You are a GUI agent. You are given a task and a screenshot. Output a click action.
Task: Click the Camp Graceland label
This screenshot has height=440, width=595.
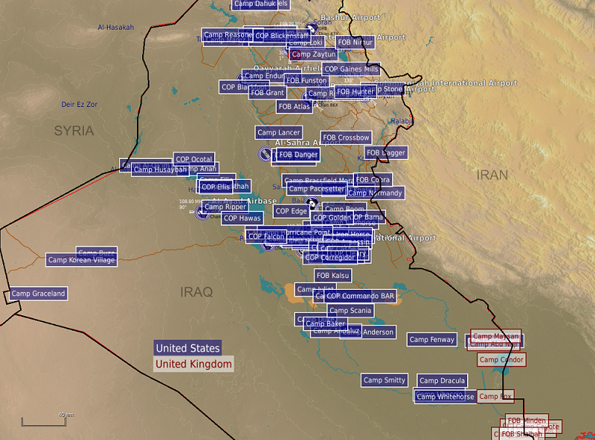[39, 294]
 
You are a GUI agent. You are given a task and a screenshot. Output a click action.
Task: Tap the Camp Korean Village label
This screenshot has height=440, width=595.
[81, 260]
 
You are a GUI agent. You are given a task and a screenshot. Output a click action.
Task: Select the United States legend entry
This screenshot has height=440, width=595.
[187, 348]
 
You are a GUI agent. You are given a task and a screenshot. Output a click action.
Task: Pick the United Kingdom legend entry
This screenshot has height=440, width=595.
[193, 364]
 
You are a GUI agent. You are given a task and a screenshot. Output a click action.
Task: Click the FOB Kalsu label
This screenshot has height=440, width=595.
[332, 276]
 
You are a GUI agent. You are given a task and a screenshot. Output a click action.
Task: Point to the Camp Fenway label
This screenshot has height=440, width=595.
[432, 340]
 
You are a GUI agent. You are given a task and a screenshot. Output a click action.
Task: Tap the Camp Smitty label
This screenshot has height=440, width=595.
[385, 380]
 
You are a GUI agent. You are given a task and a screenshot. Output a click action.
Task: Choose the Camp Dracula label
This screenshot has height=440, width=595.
[442, 381]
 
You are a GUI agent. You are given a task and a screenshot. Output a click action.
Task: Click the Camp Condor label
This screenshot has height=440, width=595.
[501, 360]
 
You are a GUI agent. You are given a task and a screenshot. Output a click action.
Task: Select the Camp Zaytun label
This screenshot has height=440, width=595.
[313, 54]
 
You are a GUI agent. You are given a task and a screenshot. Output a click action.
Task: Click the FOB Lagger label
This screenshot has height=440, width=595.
[386, 152]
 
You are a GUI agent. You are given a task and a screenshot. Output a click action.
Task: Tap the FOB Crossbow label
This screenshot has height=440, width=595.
[346, 137]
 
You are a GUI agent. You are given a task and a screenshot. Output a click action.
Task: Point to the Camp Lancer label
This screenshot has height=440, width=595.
[279, 132]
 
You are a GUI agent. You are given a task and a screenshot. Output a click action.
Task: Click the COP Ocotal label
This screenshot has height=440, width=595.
[194, 159]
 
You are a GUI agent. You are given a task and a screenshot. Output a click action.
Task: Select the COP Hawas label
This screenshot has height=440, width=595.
[242, 218]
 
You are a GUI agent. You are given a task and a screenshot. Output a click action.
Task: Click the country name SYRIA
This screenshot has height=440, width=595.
[74, 131]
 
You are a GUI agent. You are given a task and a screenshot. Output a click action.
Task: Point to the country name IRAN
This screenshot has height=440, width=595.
[492, 175]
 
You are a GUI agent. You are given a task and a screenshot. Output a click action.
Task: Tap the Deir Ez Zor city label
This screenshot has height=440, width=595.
[79, 105]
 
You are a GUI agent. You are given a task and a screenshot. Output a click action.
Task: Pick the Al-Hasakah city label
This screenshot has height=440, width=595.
[116, 27]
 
